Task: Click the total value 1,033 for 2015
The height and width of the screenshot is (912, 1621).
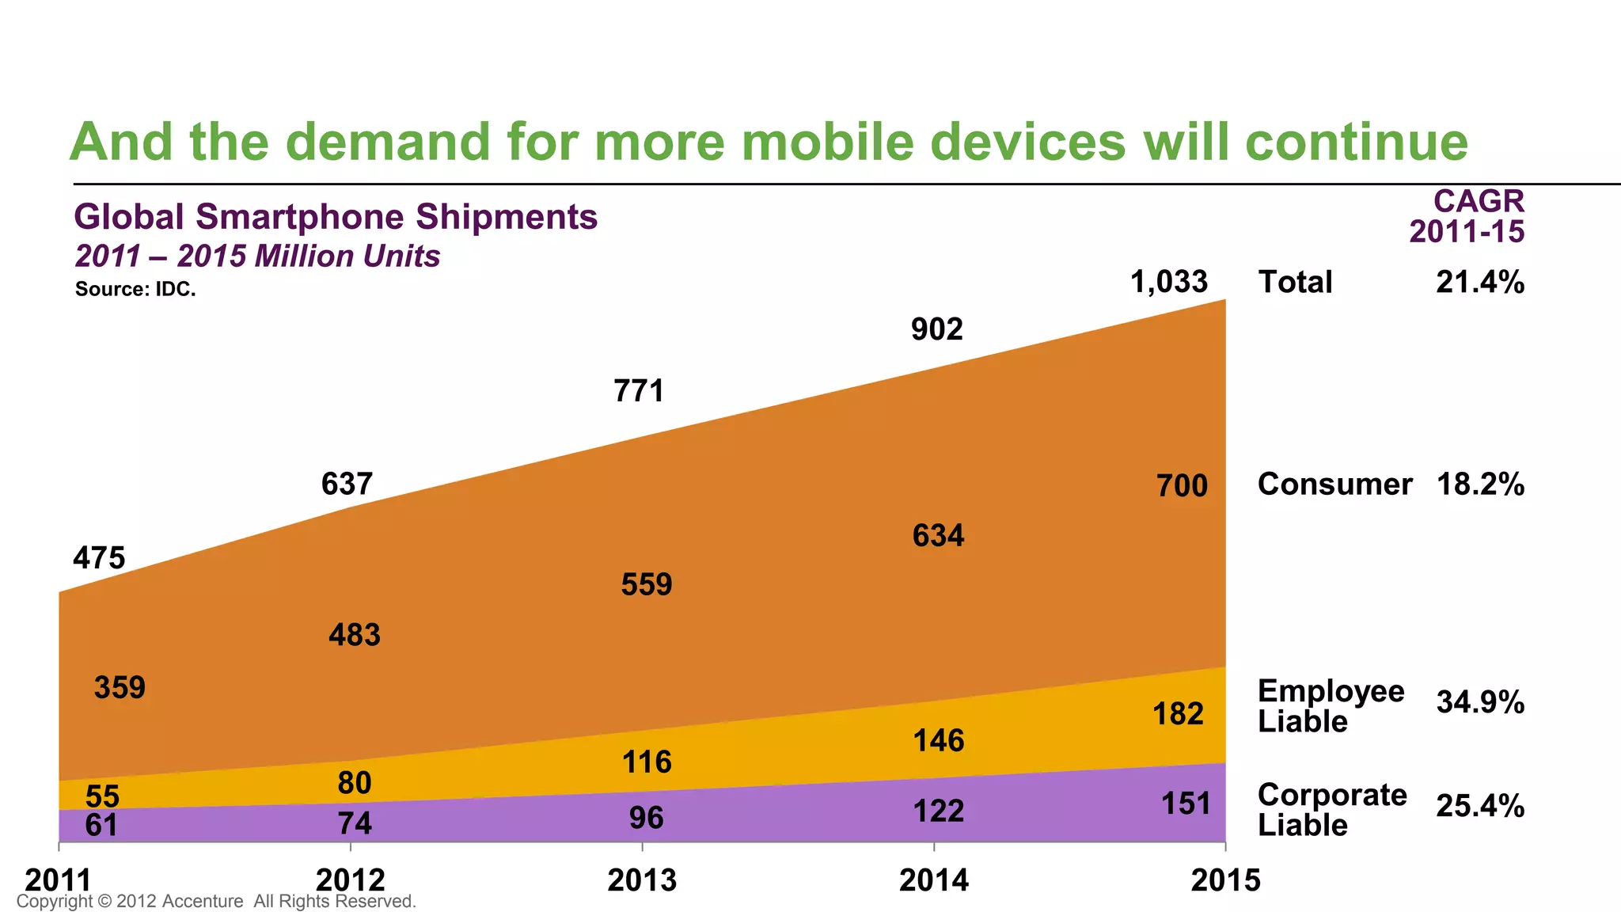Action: click(x=1169, y=282)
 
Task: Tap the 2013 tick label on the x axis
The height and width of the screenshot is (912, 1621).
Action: click(x=642, y=880)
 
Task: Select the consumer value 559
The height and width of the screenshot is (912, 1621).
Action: click(x=647, y=584)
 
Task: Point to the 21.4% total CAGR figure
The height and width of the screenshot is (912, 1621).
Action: click(x=1479, y=282)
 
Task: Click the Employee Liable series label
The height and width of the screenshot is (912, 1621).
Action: click(x=1330, y=705)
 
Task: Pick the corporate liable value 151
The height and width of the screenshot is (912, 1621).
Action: click(x=1186, y=804)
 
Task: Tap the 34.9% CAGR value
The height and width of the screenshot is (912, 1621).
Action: click(x=1479, y=702)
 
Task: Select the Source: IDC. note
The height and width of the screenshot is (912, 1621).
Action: click(x=135, y=289)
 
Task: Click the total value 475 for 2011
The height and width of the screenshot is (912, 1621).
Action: click(x=99, y=558)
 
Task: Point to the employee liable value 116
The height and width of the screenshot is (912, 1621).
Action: click(x=647, y=762)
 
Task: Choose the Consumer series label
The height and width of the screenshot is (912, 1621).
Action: click(x=1334, y=484)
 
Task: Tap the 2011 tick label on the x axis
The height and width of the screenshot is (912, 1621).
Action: click(x=59, y=880)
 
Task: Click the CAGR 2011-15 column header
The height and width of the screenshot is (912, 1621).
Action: click(x=1467, y=216)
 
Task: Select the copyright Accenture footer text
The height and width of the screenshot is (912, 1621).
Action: click(x=216, y=901)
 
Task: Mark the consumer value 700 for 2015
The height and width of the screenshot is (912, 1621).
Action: click(x=1182, y=485)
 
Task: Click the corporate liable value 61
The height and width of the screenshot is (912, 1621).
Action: click(x=101, y=826)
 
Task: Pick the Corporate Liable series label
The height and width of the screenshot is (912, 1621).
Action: click(x=1331, y=809)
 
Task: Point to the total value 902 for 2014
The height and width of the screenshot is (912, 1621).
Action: click(x=937, y=329)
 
